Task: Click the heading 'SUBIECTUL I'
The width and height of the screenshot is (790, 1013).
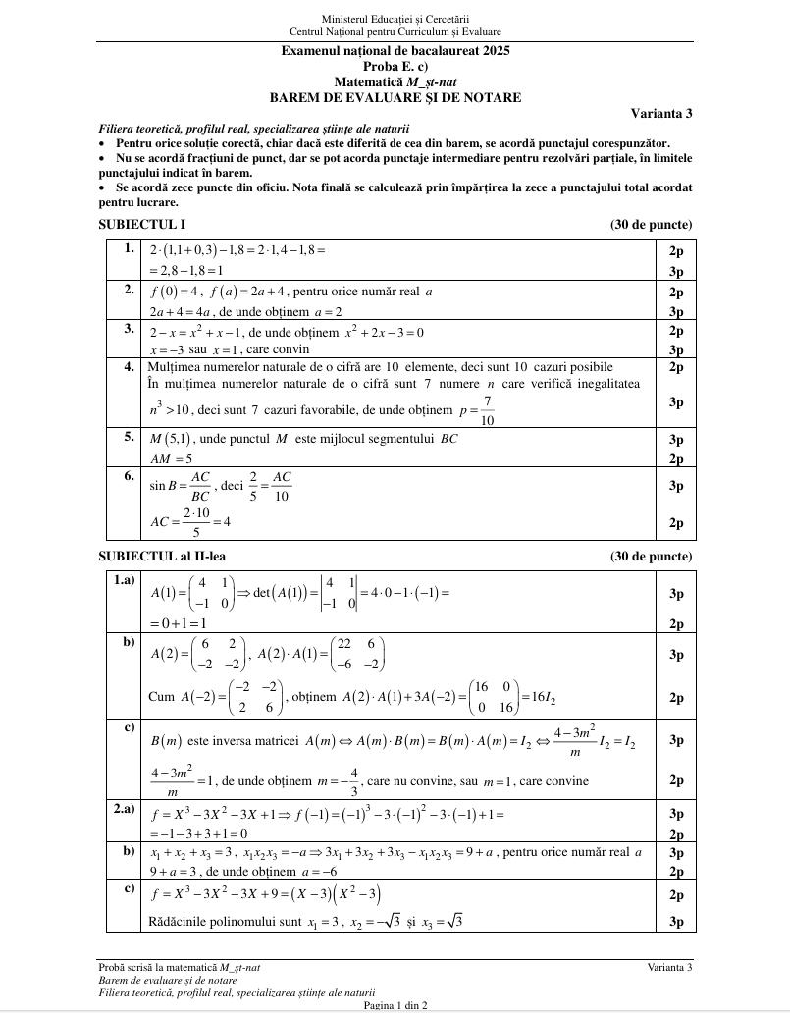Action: click(142, 225)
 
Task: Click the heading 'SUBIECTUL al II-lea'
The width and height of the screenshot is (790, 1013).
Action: click(162, 557)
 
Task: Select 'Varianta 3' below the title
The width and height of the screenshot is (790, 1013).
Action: click(661, 113)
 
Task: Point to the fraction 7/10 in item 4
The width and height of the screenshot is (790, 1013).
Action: click(488, 410)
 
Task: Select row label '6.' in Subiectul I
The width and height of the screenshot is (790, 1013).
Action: click(130, 476)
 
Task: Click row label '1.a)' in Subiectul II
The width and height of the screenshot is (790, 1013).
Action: click(124, 580)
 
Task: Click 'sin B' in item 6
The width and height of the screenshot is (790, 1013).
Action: click(164, 485)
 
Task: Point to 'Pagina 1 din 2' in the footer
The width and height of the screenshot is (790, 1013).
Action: click(395, 1005)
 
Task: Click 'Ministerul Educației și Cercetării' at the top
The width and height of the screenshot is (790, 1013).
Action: click(395, 19)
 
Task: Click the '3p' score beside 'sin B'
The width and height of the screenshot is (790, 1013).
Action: click(676, 486)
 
